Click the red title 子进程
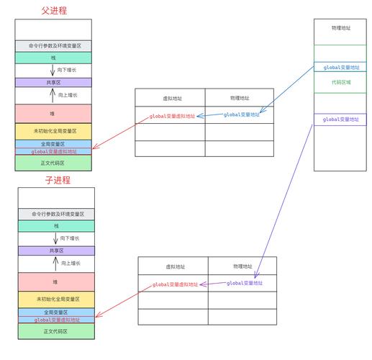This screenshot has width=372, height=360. point(56,180)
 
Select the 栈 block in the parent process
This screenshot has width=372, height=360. point(53,58)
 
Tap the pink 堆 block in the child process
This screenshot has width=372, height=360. point(56,282)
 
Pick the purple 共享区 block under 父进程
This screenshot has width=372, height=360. point(53,83)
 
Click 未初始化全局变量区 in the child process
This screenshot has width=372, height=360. point(56,298)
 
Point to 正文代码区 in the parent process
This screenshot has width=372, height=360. point(53,163)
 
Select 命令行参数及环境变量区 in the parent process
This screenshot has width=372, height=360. point(53,45)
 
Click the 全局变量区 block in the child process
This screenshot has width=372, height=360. point(56,312)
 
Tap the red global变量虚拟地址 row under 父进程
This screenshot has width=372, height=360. point(53,152)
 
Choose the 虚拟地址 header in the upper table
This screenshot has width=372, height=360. point(170,97)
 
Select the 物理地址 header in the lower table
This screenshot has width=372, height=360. point(242,266)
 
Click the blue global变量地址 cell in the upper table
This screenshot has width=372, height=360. point(240,114)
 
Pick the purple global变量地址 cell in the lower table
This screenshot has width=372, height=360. point(243,284)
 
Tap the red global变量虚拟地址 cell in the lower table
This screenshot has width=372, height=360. point(173,284)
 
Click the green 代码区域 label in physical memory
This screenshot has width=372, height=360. point(341,83)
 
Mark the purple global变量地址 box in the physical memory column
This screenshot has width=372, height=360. point(341,119)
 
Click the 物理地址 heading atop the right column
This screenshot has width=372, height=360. point(341,28)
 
